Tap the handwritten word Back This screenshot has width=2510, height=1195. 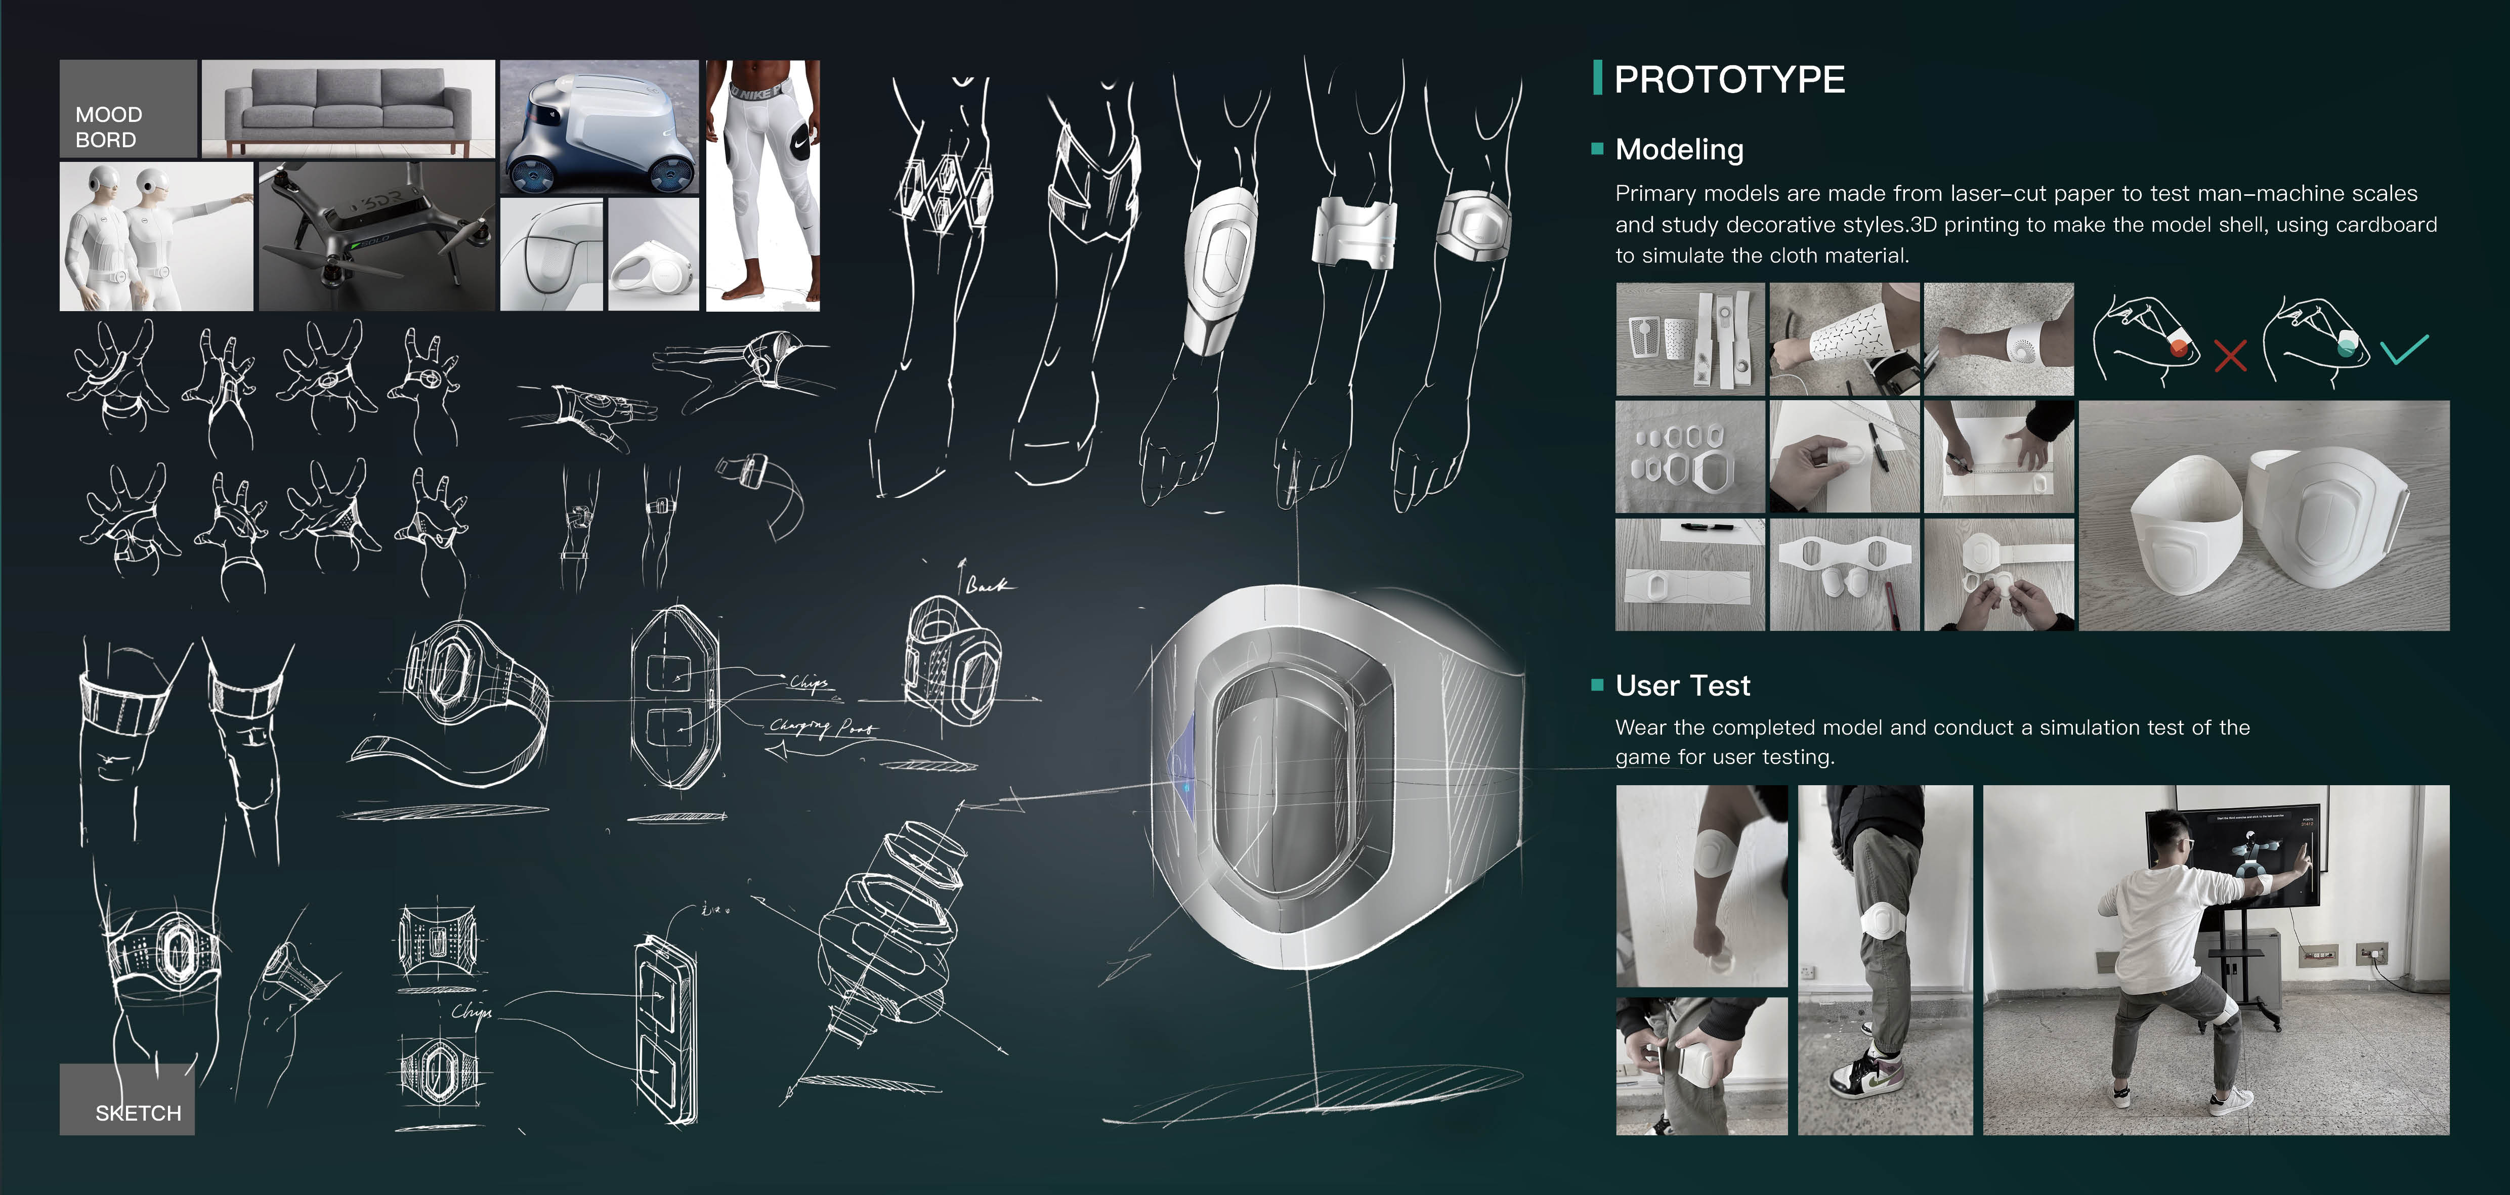pyautogui.click(x=988, y=585)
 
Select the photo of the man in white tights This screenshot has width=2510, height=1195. pyautogui.click(x=762, y=185)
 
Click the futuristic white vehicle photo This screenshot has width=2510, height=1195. pyautogui.click(x=598, y=126)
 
